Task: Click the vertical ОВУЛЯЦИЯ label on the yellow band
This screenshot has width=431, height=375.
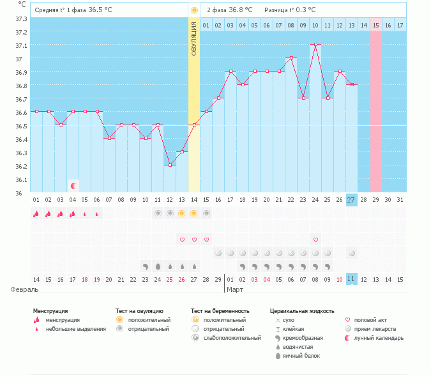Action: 194,39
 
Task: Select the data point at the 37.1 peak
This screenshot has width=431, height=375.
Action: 315,45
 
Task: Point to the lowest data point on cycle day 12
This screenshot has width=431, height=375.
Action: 169,165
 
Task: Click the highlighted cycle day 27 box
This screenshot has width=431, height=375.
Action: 352,200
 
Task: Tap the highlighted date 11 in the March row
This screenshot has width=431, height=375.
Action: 352,279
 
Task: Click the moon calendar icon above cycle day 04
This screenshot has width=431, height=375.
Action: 73,186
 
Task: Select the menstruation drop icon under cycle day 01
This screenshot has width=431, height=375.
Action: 36,214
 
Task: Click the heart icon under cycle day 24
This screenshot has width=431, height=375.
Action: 315,240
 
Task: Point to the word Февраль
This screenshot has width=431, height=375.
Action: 25,289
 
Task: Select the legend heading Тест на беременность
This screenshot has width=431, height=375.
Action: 220,311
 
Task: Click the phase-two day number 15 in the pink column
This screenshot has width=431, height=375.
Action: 376,25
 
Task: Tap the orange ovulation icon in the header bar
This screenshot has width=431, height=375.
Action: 194,10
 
